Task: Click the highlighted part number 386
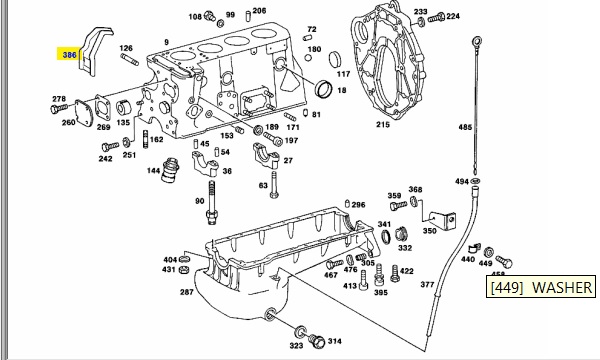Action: pyautogui.click(x=69, y=55)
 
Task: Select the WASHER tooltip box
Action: pyautogui.click(x=541, y=287)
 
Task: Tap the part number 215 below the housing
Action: pyautogui.click(x=383, y=124)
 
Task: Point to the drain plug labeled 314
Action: pyautogui.click(x=317, y=341)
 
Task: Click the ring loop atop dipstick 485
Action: pyautogui.click(x=477, y=40)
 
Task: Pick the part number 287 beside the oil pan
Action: pyautogui.click(x=186, y=292)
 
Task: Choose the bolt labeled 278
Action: pyautogui.click(x=59, y=109)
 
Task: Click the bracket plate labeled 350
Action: pyautogui.click(x=442, y=221)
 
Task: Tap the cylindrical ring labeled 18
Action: pyautogui.click(x=323, y=89)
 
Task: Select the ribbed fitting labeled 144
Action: pyautogui.click(x=170, y=170)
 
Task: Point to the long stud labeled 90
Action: pyautogui.click(x=212, y=203)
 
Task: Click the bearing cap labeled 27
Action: pyautogui.click(x=266, y=155)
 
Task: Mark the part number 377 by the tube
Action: pyautogui.click(x=427, y=284)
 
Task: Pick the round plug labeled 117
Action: pyautogui.click(x=335, y=60)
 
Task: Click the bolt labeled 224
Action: pyautogui.click(x=436, y=17)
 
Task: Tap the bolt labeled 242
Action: pyautogui.click(x=110, y=147)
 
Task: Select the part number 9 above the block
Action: pyautogui.click(x=166, y=42)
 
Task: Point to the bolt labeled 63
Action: pyautogui.click(x=274, y=185)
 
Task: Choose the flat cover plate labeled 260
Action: pyautogui.click(x=84, y=113)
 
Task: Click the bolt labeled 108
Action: pyautogui.click(x=210, y=16)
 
